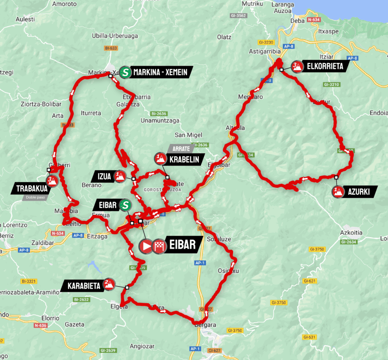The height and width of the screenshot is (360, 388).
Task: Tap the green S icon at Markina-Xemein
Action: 126,72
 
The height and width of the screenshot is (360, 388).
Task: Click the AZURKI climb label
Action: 359,192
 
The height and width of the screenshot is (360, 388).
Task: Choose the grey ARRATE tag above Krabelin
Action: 177,148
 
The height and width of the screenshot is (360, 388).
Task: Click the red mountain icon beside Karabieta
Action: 108,284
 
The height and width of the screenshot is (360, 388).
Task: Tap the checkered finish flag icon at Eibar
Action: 159,245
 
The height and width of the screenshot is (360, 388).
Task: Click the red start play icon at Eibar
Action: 145,245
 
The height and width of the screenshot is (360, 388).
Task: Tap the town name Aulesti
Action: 25,19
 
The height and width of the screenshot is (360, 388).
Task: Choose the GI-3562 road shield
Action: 238,16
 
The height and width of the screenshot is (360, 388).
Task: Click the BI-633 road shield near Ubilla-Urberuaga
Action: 111,48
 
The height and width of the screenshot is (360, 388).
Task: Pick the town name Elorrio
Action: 49,318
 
